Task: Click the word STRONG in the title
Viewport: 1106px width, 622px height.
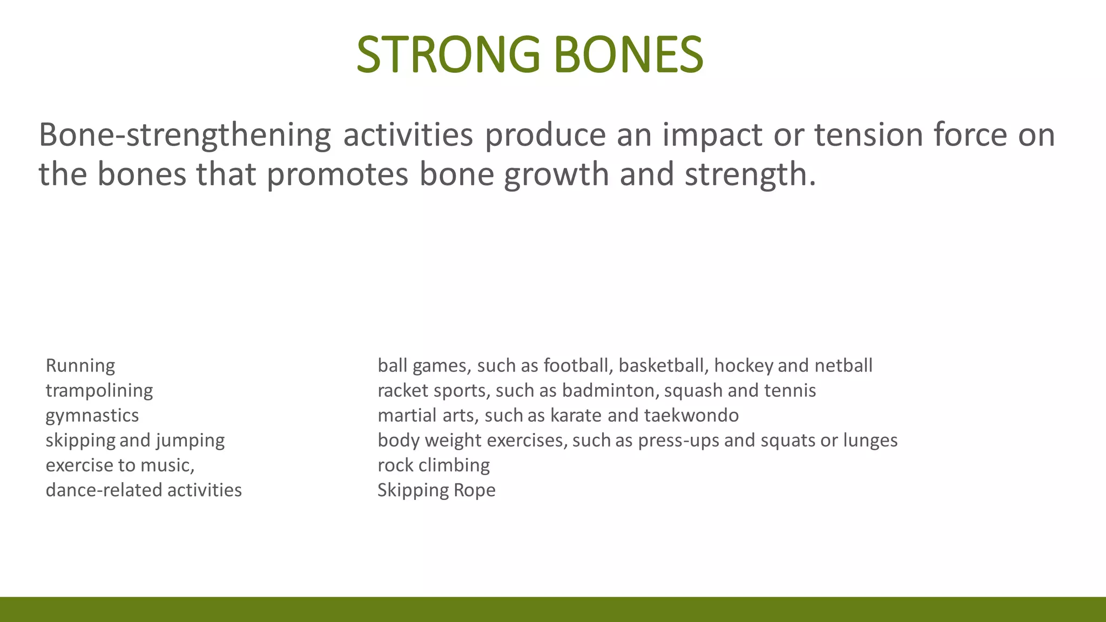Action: point(448,55)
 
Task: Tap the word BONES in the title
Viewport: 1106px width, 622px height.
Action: point(629,55)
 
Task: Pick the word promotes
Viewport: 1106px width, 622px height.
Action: point(338,174)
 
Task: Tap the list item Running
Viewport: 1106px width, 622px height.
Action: point(80,366)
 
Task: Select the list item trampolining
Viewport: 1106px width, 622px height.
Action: point(99,391)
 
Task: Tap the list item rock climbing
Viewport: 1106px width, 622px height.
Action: point(434,465)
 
